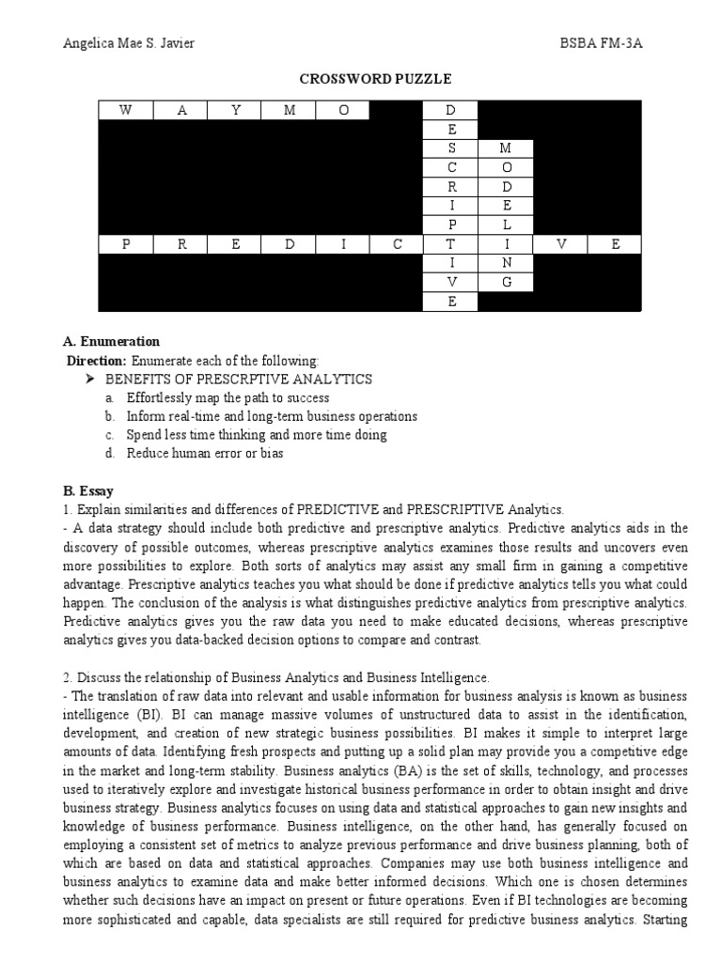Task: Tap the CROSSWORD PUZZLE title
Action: (360, 79)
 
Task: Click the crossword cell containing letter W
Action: (125, 111)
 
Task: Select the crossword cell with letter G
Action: (506, 282)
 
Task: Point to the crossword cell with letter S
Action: (451, 148)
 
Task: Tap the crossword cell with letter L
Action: (506, 225)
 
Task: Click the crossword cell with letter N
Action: (506, 263)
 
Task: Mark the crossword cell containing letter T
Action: (451, 244)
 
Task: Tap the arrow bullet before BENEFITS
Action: (90, 380)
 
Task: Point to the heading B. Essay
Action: (88, 490)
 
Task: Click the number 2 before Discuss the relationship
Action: (66, 677)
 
